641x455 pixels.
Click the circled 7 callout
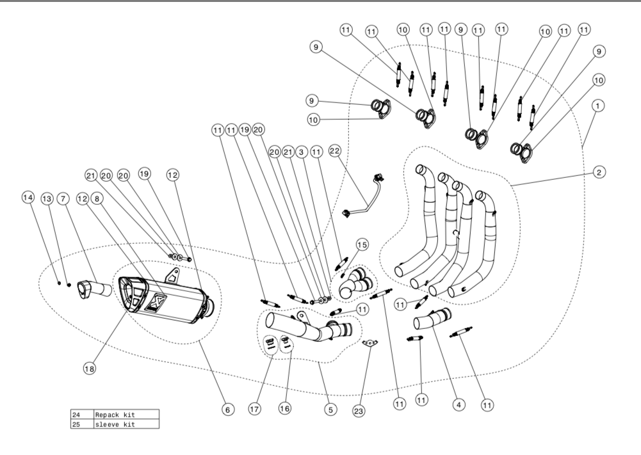point(63,199)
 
